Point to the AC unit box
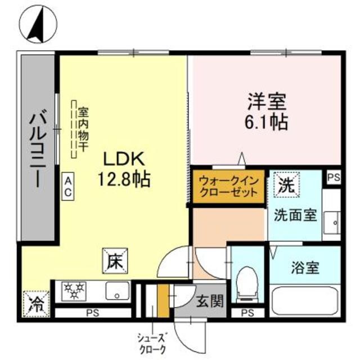point(67,186)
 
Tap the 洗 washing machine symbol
point(285,185)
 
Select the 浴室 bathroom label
point(305,268)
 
